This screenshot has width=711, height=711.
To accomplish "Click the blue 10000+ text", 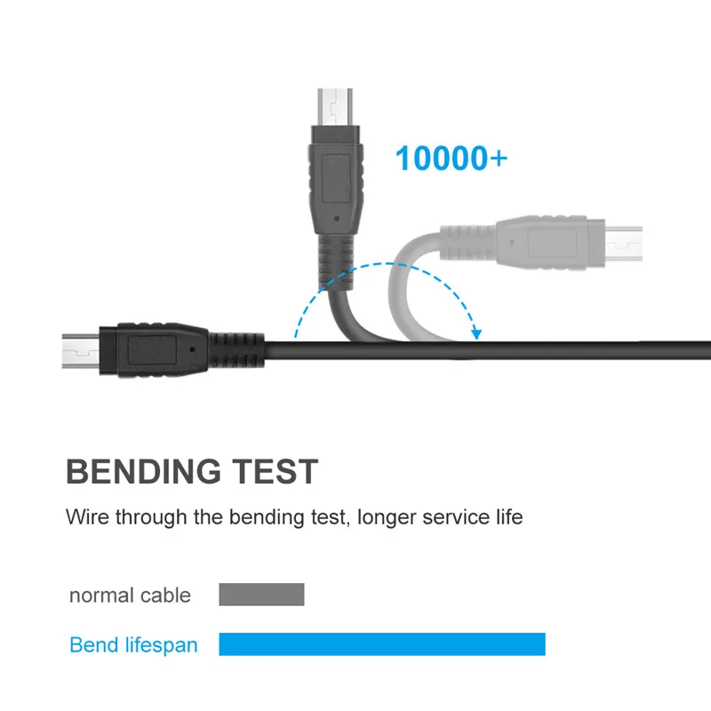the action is tap(451, 158).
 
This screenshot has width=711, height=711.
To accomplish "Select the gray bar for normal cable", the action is tap(261, 595).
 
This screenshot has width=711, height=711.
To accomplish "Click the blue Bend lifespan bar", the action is tap(382, 644).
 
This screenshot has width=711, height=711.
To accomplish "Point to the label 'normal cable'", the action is tap(130, 595).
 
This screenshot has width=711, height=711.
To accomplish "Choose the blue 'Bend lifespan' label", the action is tap(133, 645).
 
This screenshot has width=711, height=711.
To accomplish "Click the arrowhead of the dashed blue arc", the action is tap(476, 335).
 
